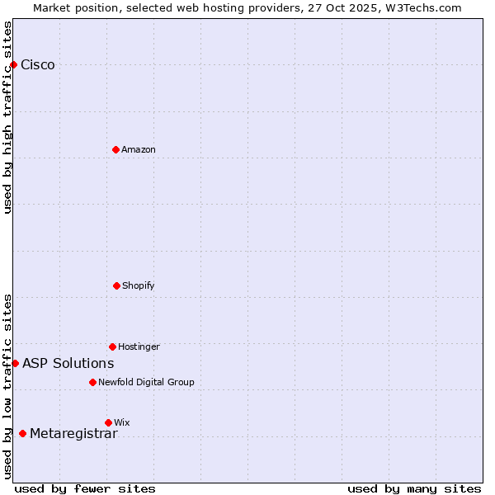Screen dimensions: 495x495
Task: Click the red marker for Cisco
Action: [x=13, y=64]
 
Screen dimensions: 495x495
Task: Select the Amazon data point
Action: [x=115, y=149]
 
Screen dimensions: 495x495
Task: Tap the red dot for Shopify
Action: [x=116, y=285]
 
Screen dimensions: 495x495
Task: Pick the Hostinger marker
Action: [x=112, y=346]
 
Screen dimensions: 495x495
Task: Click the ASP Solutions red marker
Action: [x=15, y=363]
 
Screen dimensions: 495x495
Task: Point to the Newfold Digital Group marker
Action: [x=92, y=382]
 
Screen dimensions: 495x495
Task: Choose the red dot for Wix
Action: [x=108, y=422]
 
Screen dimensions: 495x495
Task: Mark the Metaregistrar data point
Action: [x=22, y=433]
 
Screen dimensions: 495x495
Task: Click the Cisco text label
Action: [x=38, y=65]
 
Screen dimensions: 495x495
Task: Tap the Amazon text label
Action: [x=139, y=149]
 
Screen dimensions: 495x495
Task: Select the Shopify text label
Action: [x=139, y=285]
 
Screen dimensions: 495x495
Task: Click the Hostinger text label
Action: [x=139, y=346]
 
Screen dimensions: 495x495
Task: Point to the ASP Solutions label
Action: [x=68, y=363]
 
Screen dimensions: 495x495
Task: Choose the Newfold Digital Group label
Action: [x=146, y=382]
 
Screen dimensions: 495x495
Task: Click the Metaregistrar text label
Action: [x=73, y=434]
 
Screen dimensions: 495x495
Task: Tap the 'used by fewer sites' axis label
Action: [x=85, y=488]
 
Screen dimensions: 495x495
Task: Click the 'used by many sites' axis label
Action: [x=414, y=488]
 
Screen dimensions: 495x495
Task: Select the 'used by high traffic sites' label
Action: [x=7, y=117]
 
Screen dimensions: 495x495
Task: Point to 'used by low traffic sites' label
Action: [x=7, y=386]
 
